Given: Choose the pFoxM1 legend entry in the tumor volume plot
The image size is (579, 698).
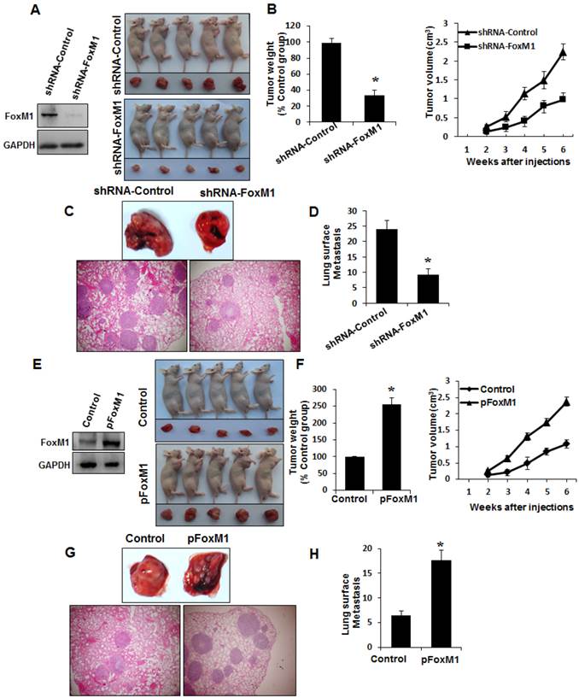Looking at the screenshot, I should click(x=490, y=390).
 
